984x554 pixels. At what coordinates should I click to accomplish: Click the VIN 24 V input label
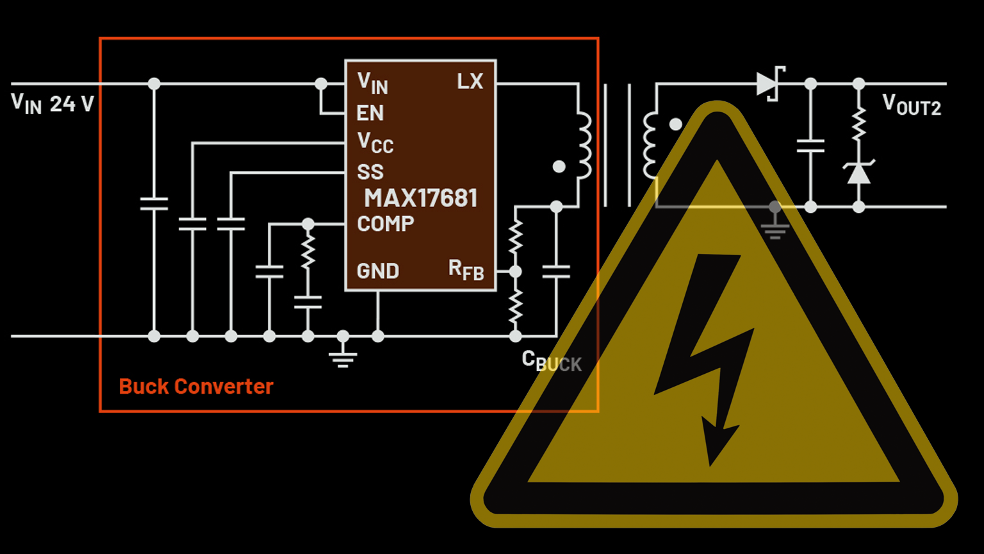[53, 103]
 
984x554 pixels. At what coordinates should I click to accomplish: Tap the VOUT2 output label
[912, 105]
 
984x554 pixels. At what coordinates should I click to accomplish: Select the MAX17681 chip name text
[421, 198]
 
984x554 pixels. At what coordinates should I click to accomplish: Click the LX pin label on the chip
[470, 81]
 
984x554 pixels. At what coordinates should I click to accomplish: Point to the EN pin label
[370, 113]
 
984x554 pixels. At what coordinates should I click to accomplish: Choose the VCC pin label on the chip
[375, 142]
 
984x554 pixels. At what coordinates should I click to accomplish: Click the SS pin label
[370, 172]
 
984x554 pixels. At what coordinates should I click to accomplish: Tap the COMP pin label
[386, 224]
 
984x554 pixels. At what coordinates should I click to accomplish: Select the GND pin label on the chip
[378, 271]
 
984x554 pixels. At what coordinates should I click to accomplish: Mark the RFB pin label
[466, 270]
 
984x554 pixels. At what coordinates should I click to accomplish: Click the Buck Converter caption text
[196, 387]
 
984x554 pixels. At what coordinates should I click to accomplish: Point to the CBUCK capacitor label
[552, 362]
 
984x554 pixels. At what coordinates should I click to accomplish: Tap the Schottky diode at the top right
[769, 84]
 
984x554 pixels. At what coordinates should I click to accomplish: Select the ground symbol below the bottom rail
[343, 355]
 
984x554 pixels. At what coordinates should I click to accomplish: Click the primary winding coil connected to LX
[584, 146]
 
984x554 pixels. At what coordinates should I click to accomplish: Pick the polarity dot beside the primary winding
[559, 167]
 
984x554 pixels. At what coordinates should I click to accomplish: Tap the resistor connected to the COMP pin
[308, 251]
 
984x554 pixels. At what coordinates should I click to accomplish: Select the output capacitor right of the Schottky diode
[810, 146]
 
